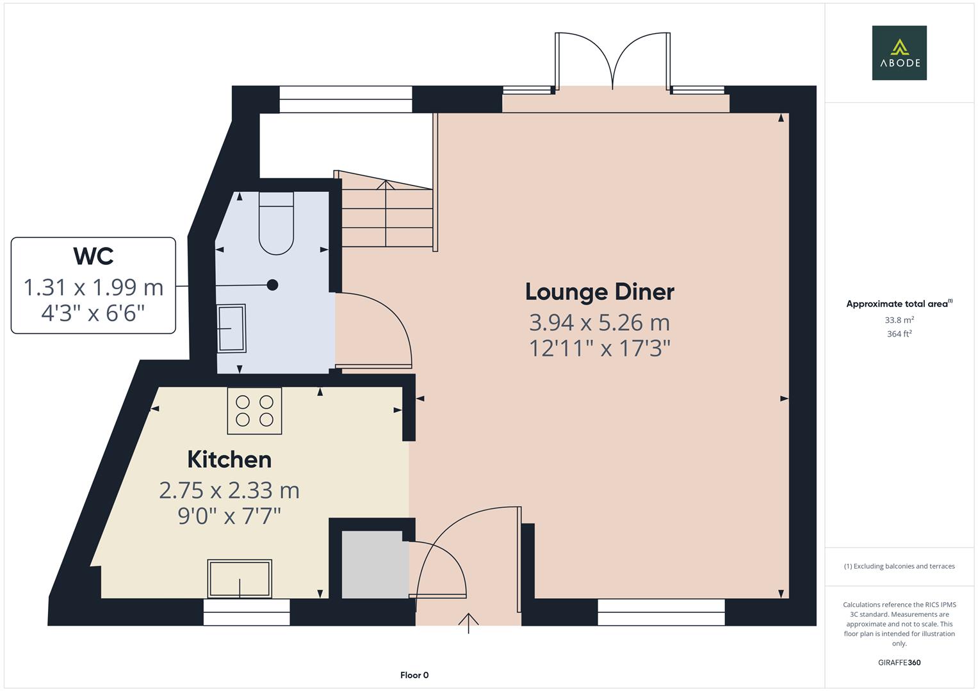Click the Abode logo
click(x=899, y=52)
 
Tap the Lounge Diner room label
click(x=599, y=292)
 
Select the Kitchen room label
click(x=229, y=459)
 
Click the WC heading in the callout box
click(x=94, y=256)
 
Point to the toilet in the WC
click(x=276, y=224)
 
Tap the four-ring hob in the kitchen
click(x=254, y=411)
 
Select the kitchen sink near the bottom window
click(x=240, y=578)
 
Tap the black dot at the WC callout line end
click(x=273, y=285)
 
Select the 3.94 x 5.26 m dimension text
click(x=599, y=322)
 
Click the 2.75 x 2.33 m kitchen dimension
click(x=229, y=490)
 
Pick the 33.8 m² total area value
click(x=899, y=320)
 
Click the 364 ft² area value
click(x=899, y=333)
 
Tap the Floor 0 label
click(x=414, y=675)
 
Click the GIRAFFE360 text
click(x=899, y=662)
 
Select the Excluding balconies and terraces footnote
click(x=899, y=566)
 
